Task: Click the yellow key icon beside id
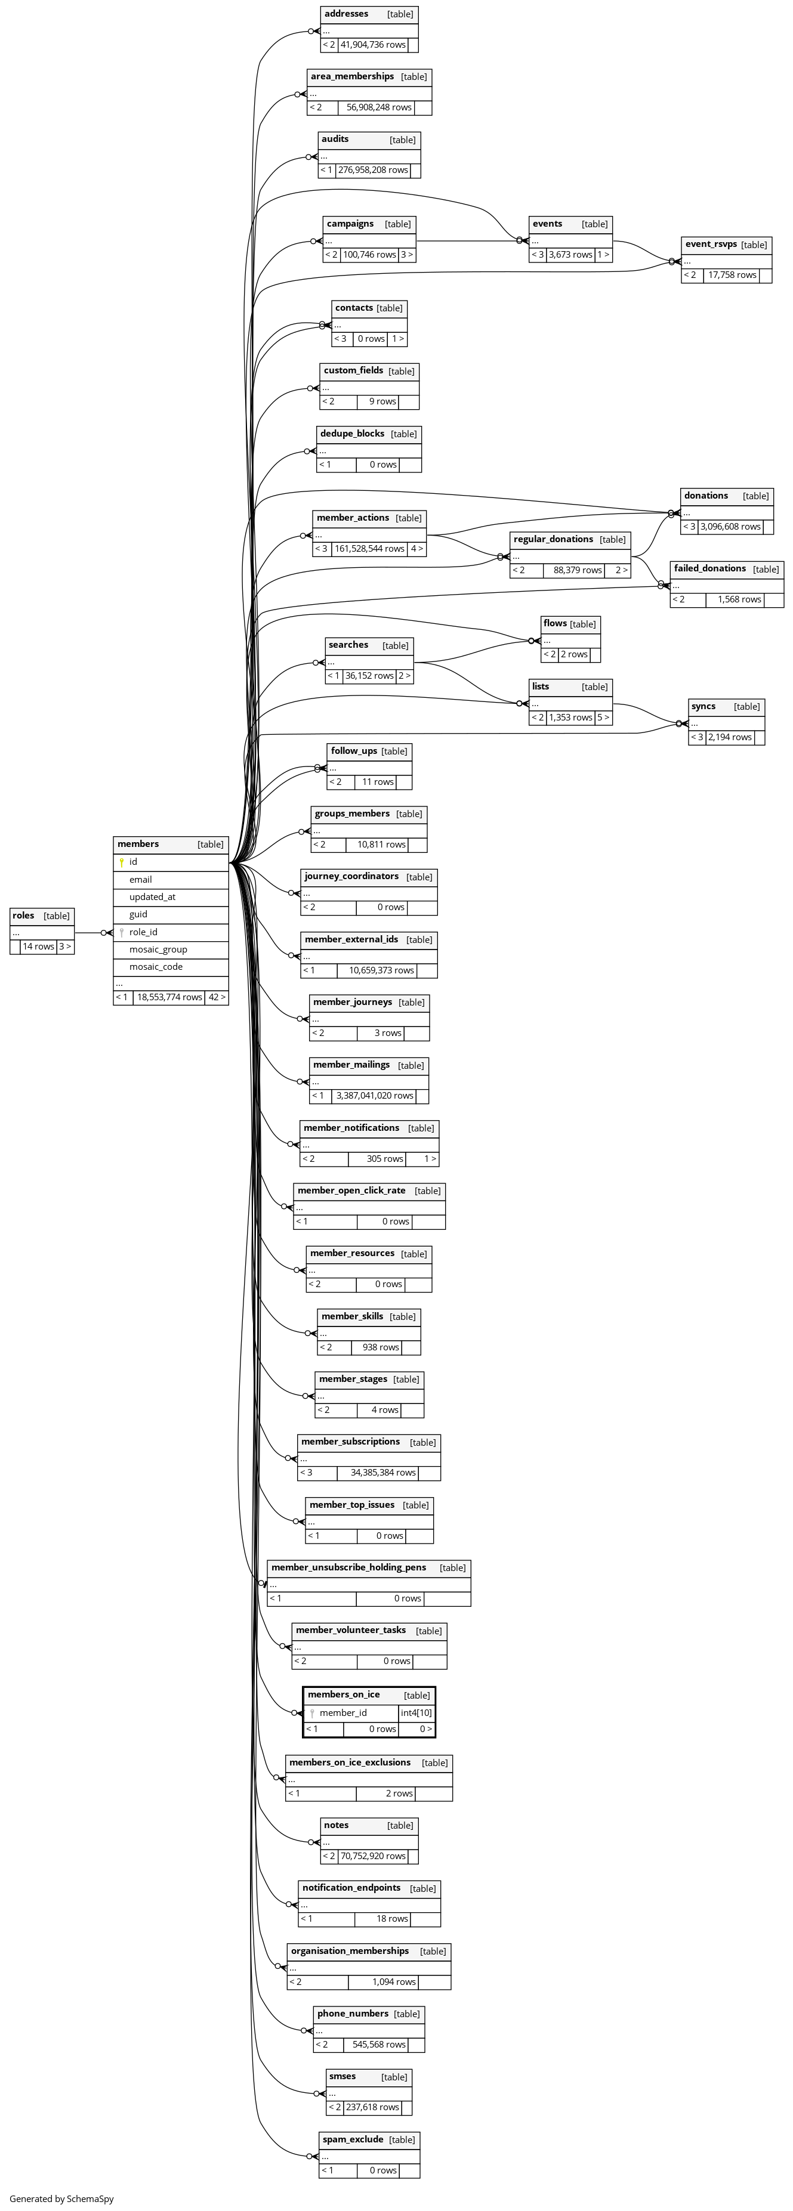(x=122, y=862)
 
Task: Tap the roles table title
(x=24, y=915)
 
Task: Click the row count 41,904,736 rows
(x=372, y=45)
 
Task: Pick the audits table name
(x=335, y=139)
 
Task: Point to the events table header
(x=548, y=224)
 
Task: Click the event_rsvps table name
(x=711, y=245)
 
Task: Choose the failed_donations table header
(x=709, y=568)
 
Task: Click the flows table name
(x=554, y=623)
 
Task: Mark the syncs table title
(x=703, y=706)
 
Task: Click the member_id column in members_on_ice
(x=342, y=1712)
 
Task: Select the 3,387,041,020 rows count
(x=374, y=1095)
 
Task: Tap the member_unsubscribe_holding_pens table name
(x=348, y=1567)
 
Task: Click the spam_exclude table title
(x=353, y=2139)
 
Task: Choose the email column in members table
(x=141, y=879)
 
